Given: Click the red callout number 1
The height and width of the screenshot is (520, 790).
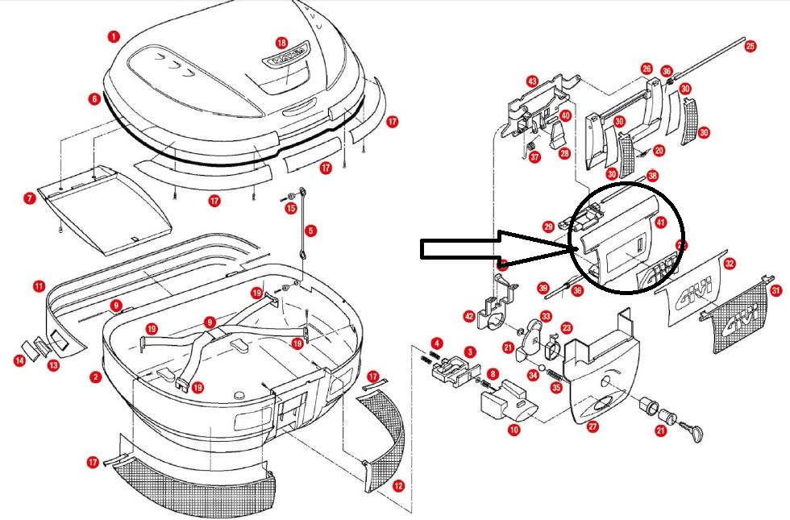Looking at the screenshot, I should coord(114,36).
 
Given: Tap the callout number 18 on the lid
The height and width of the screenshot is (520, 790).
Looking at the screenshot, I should coord(281,42).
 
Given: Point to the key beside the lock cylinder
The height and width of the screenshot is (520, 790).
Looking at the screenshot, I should coord(693,434).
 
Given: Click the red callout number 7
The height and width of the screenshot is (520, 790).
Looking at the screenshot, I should coord(29,198).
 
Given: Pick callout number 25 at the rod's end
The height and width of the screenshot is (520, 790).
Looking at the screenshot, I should coord(750,47).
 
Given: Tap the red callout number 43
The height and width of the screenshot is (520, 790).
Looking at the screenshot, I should coord(532,81).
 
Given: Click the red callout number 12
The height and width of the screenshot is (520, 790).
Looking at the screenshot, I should coord(397,486).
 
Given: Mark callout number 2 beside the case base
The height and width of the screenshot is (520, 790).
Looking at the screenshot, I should coord(95,376).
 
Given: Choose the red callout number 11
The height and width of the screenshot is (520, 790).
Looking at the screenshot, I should coord(39,286).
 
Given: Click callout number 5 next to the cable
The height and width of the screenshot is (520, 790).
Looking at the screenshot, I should coord(311,230).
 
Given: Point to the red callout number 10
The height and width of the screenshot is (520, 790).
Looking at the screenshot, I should coord(513,431).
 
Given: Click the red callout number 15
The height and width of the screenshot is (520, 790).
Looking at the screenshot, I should coord(291,209).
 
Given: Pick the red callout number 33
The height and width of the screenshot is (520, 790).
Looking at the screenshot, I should coord(546,317).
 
